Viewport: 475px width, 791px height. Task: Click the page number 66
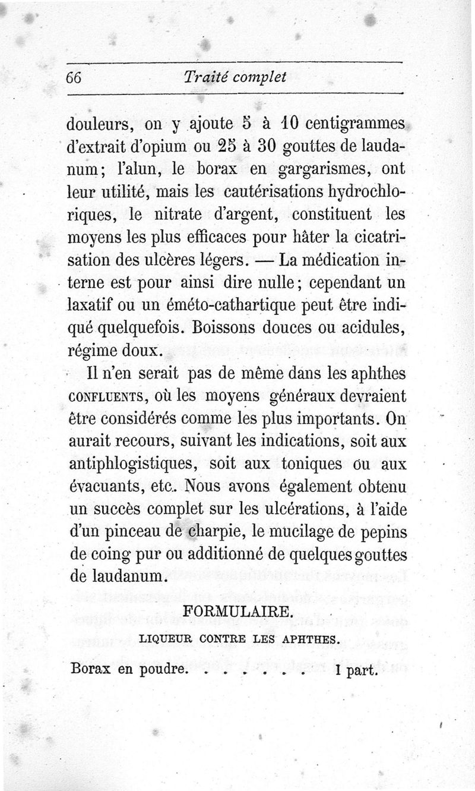tap(77, 78)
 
